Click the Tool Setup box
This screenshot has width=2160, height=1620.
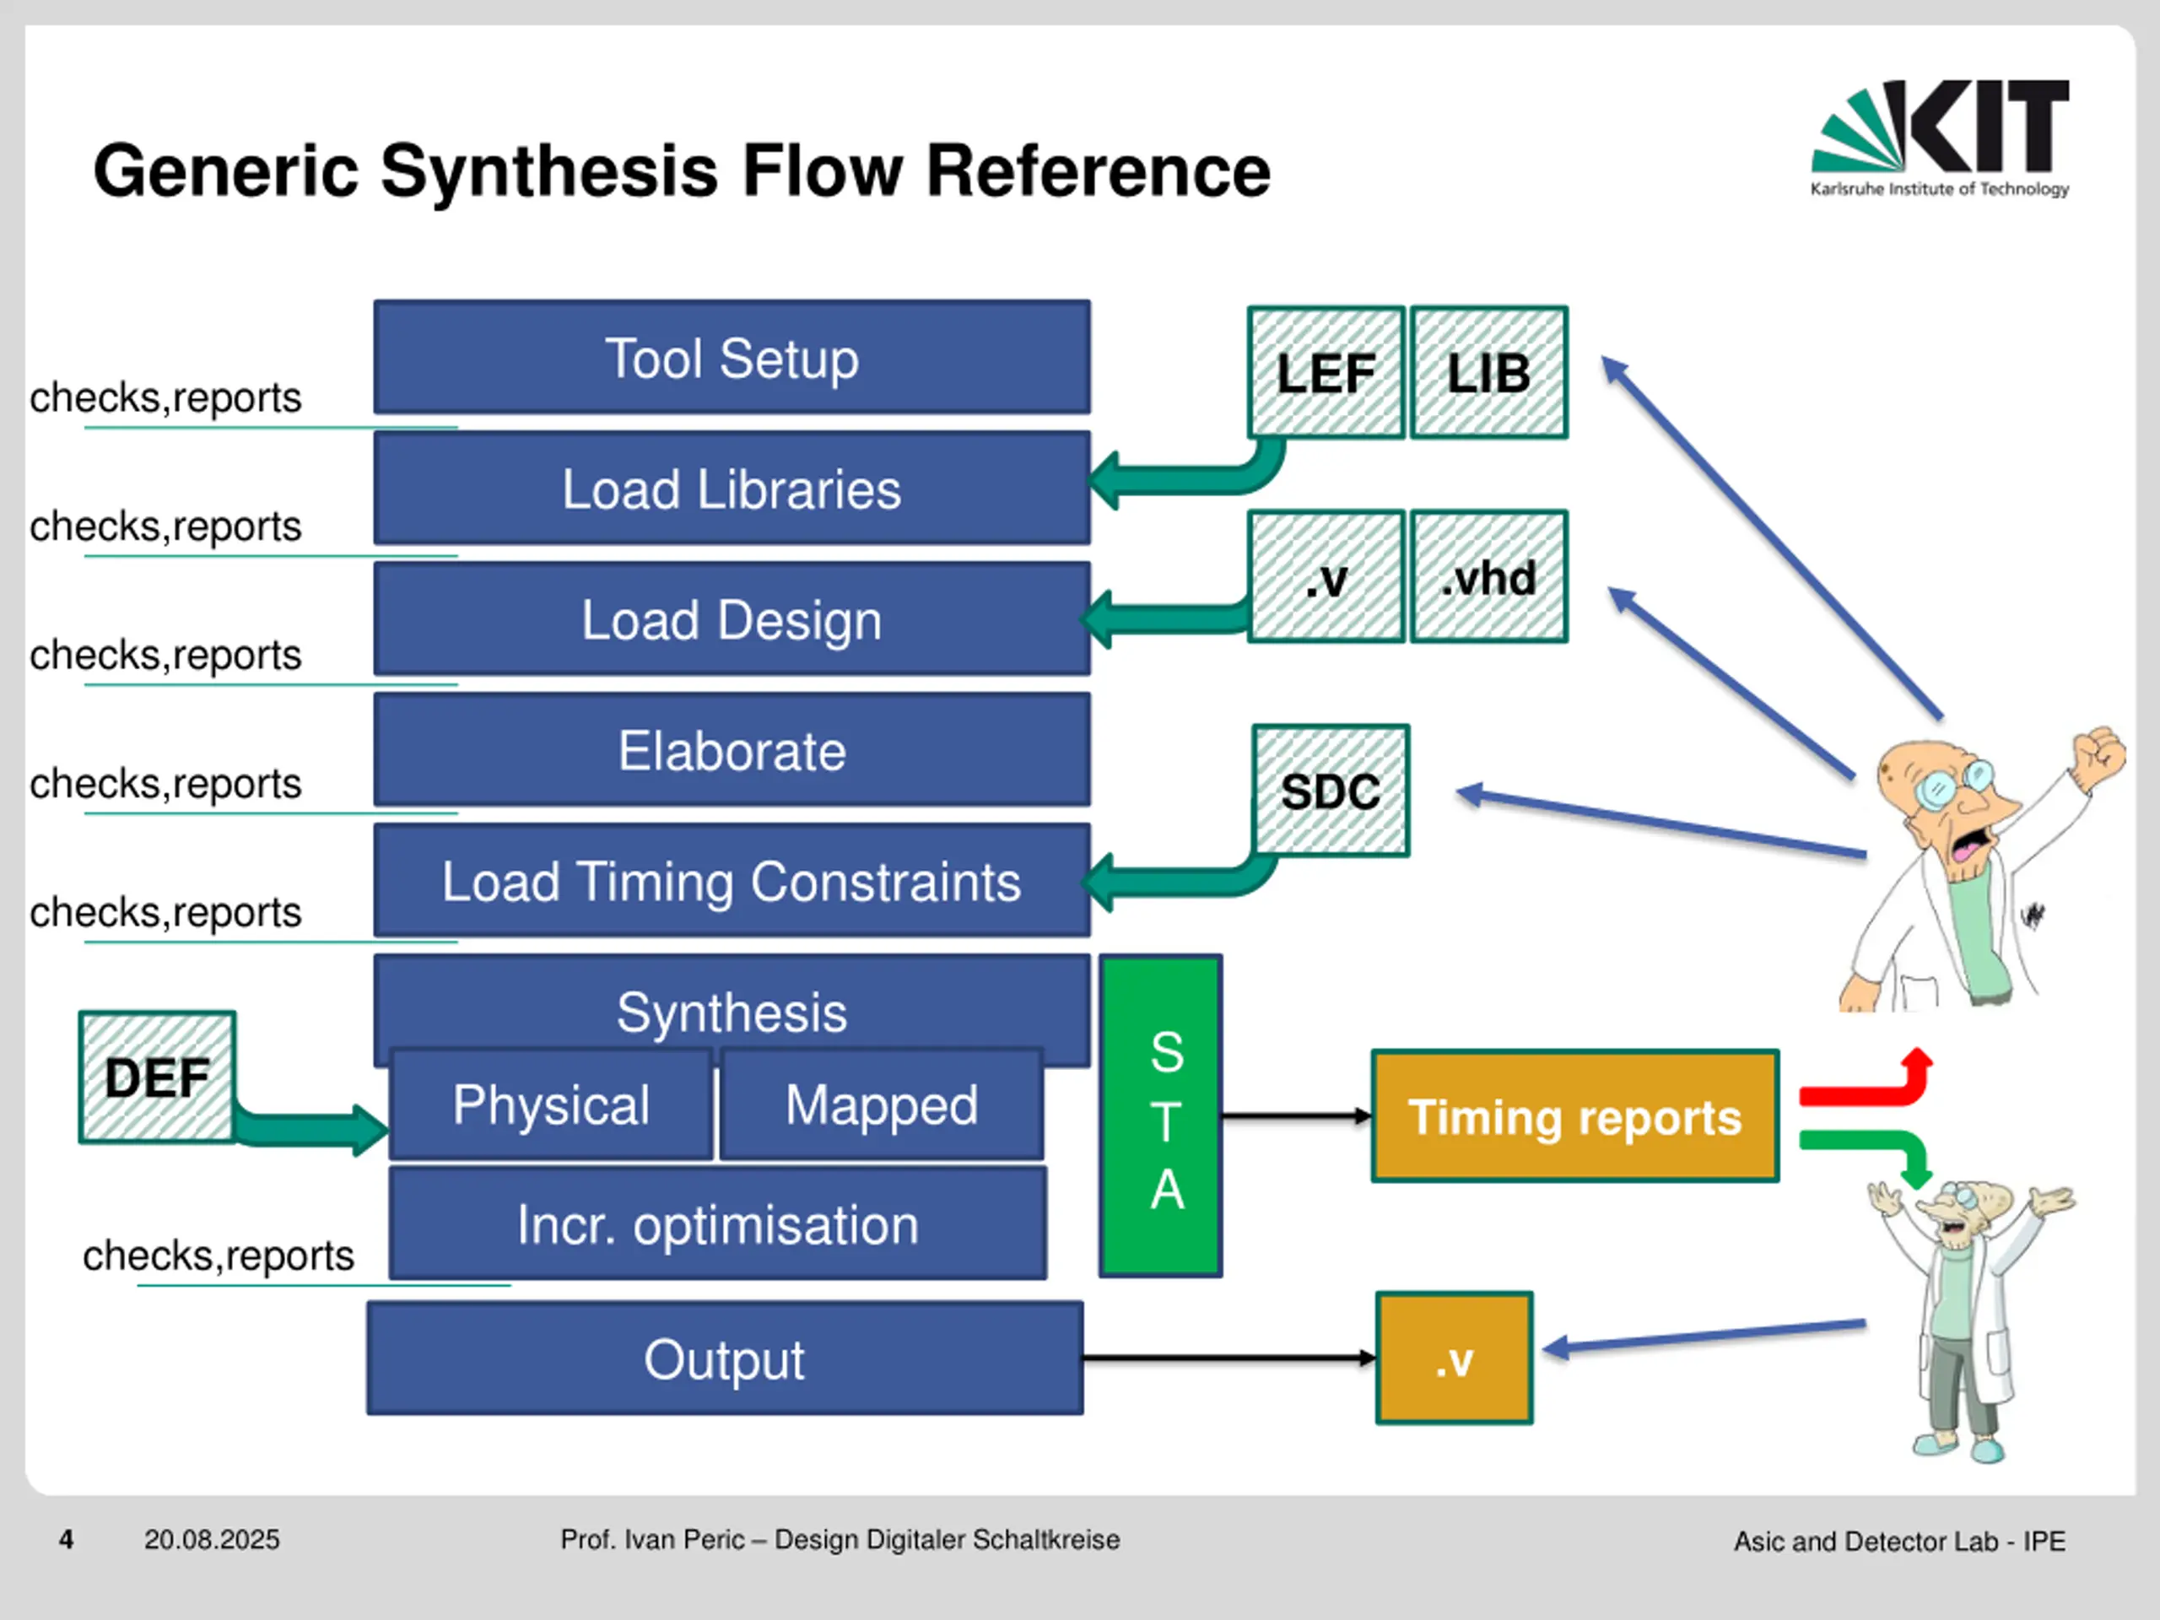coord(732,358)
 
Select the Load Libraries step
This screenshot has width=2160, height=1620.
coord(732,489)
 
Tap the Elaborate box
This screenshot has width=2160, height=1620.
coord(732,750)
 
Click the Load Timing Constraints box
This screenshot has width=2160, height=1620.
coord(732,881)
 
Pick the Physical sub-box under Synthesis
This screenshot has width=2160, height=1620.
coord(551,1104)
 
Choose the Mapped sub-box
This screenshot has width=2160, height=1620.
coord(882,1104)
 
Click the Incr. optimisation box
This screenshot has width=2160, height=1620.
coord(718,1223)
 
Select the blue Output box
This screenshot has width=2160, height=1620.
coord(725,1358)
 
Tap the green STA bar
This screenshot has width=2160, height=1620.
coord(1161,1116)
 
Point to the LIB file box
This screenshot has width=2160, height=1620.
coord(1489,372)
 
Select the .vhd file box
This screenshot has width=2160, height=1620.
coord(1489,576)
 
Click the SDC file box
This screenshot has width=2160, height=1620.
coord(1331,791)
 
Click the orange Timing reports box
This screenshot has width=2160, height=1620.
coord(1575,1116)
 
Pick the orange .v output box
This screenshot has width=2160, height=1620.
coord(1454,1358)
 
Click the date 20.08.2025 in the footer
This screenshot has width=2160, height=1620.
coord(212,1540)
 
